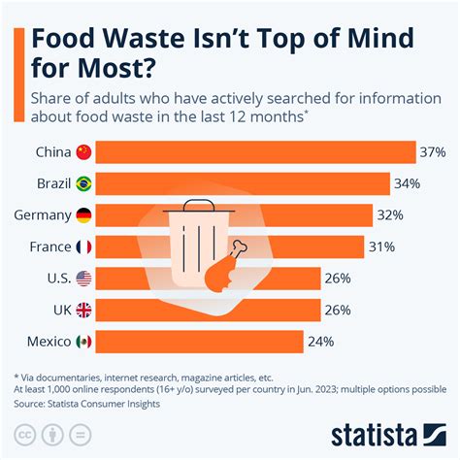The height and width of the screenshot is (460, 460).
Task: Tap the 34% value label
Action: click(x=406, y=183)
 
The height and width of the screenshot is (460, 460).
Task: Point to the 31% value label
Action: click(x=380, y=246)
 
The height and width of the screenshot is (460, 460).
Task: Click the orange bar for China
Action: click(x=256, y=152)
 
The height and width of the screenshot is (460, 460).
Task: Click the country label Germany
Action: click(x=42, y=215)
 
